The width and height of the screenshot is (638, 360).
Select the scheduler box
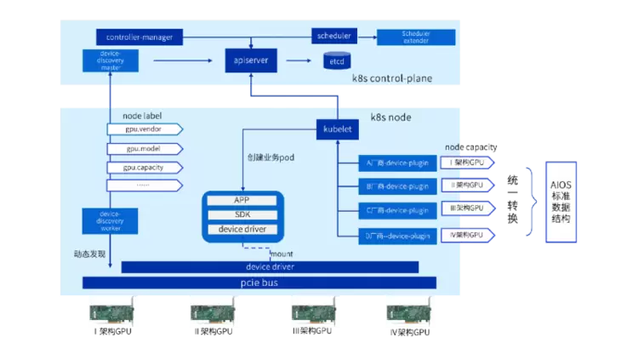point(333,36)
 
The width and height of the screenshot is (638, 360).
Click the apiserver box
point(252,60)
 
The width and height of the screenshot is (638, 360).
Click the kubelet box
point(339,129)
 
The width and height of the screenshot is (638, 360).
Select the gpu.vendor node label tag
point(144,129)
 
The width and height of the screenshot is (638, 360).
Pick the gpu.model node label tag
point(144,148)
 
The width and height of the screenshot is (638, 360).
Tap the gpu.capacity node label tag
point(144,167)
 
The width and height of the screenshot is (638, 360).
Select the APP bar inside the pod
point(242,201)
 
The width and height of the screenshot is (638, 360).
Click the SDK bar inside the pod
point(242,214)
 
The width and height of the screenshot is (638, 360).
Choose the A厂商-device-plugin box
point(398,163)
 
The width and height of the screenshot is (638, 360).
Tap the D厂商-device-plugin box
point(398,234)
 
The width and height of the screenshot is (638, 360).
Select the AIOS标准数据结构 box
point(561,203)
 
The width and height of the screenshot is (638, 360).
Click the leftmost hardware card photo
point(111,311)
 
